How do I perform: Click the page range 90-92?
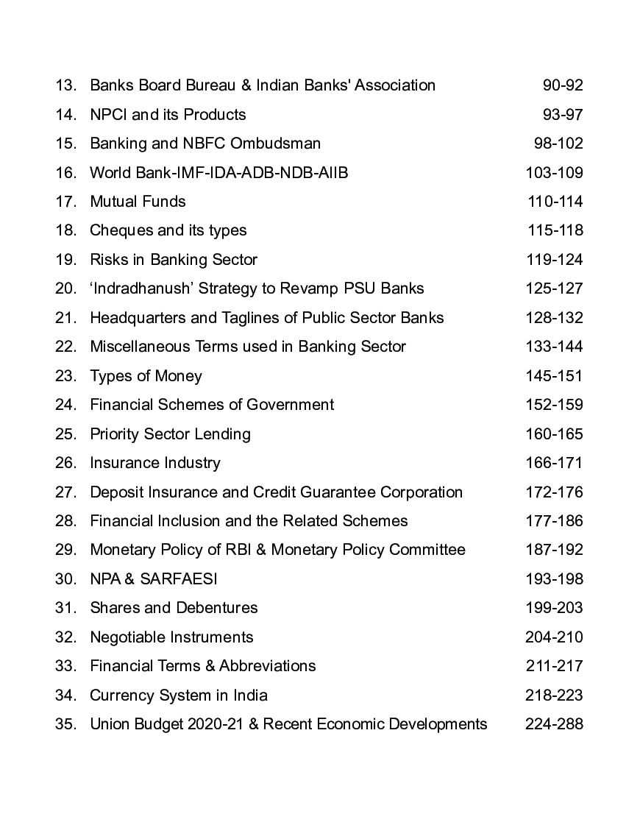click(563, 85)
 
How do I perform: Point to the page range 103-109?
click(554, 173)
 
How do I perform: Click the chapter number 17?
click(65, 202)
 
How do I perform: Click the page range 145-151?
click(554, 376)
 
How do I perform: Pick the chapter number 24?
click(65, 405)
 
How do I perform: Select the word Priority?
click(114, 434)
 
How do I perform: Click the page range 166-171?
click(554, 463)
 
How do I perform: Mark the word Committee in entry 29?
click(427, 550)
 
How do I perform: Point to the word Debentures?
click(217, 608)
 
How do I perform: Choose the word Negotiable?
click(128, 637)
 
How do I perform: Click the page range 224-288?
click(554, 724)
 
